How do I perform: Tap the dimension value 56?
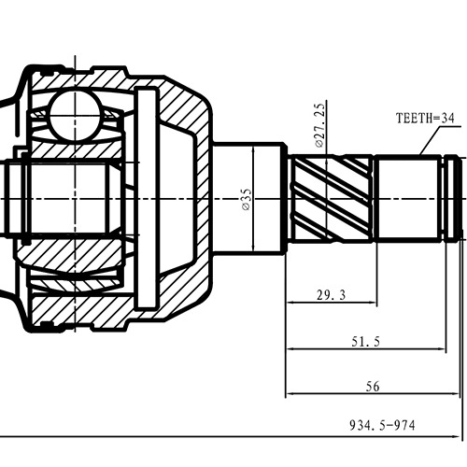(371, 385)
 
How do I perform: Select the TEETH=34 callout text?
(424, 119)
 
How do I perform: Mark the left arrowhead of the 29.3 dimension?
(292, 304)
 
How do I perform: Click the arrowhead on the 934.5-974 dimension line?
(458, 435)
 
